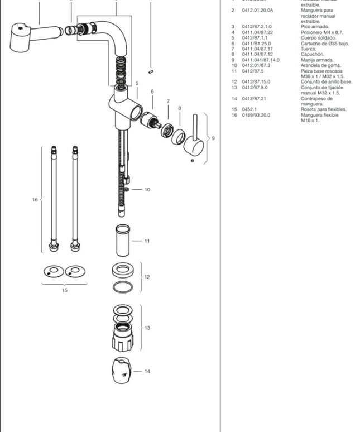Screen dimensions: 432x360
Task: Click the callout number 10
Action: [x=147, y=190]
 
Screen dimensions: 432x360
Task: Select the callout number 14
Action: [x=147, y=371]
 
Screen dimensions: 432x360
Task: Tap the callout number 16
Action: [x=35, y=199]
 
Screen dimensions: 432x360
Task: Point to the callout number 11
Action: [x=147, y=241]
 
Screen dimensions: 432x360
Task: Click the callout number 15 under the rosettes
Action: [x=64, y=290]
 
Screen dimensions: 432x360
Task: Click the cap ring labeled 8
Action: [x=179, y=137]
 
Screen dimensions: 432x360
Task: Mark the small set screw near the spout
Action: [x=151, y=71]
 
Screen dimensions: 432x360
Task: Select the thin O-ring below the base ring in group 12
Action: [x=122, y=287]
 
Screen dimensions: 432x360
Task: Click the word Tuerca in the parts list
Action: [x=309, y=49]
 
